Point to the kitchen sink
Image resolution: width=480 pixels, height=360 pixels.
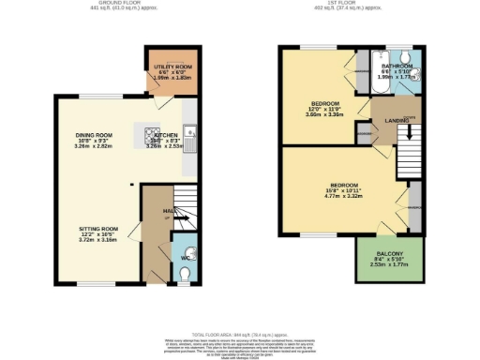click(x=190, y=141)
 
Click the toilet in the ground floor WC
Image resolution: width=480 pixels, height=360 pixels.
click(x=184, y=273)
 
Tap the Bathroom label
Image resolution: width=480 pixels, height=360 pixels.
click(x=399, y=67)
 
